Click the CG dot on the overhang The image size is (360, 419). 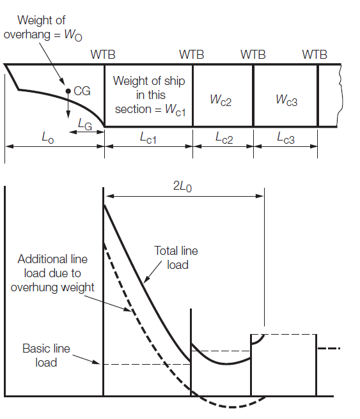[68, 91]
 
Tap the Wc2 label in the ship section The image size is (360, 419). [221, 100]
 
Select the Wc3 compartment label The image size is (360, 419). [286, 100]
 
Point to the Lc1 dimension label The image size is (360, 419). [148, 138]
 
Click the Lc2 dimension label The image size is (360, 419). [224, 138]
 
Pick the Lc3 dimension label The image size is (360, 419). [286, 138]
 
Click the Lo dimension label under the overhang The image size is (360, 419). [48, 138]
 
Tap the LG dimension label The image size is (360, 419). [85, 125]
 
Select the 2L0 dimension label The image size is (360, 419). [182, 187]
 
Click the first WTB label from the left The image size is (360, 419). [103, 54]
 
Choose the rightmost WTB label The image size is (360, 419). [315, 54]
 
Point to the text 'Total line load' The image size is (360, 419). [176, 258]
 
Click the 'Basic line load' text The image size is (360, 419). [46, 355]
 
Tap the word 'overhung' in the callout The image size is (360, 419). [35, 287]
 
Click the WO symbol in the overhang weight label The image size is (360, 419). [74, 35]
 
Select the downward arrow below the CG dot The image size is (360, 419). [68, 105]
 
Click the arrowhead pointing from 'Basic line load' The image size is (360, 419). [96, 362]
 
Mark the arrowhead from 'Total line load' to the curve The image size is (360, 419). [146, 279]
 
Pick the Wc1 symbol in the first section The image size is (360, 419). [175, 110]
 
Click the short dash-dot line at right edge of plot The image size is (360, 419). [329, 349]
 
